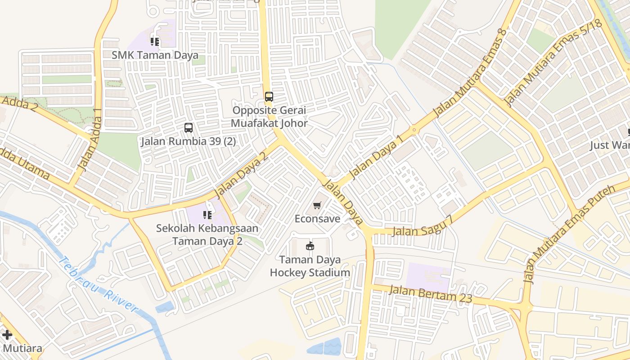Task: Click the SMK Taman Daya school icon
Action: point(155,42)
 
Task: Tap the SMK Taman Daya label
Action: point(155,55)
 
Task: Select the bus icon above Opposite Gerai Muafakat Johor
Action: point(269,96)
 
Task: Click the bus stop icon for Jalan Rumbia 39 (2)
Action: point(189,128)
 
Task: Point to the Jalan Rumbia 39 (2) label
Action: point(188,141)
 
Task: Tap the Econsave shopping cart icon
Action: point(317,206)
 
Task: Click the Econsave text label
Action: point(317,219)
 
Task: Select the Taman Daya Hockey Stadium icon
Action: point(310,246)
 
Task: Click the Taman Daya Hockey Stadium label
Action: point(310,266)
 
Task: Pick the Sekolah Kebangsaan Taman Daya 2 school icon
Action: point(207,215)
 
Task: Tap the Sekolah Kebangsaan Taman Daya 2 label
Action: point(207,234)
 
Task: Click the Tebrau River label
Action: point(98,284)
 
